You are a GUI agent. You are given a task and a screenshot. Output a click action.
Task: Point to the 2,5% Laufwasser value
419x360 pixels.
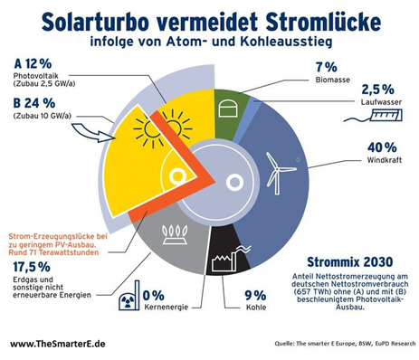[x=377, y=90]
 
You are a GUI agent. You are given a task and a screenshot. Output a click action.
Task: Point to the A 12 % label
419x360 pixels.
[x=33, y=62]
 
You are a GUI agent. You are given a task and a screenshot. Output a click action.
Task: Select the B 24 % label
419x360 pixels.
[x=33, y=102]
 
